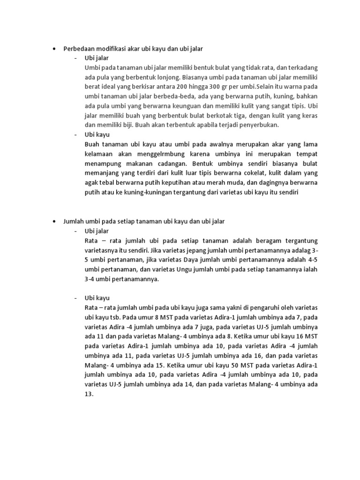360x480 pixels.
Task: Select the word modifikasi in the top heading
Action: [x=109, y=48]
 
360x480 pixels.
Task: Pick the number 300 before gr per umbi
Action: [x=224, y=87]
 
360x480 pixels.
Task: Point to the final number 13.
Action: [x=89, y=394]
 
